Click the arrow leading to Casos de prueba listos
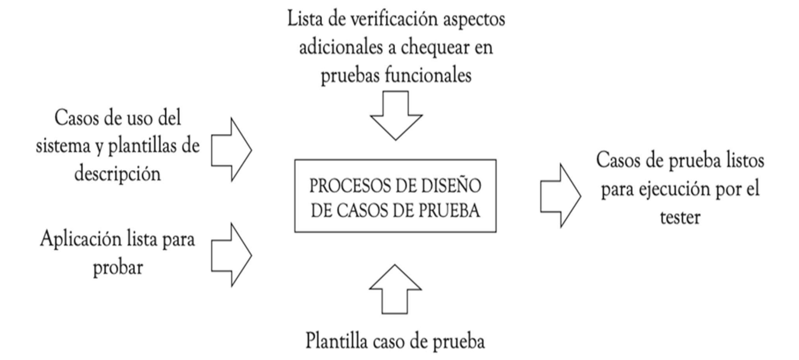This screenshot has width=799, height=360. click(x=559, y=196)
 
